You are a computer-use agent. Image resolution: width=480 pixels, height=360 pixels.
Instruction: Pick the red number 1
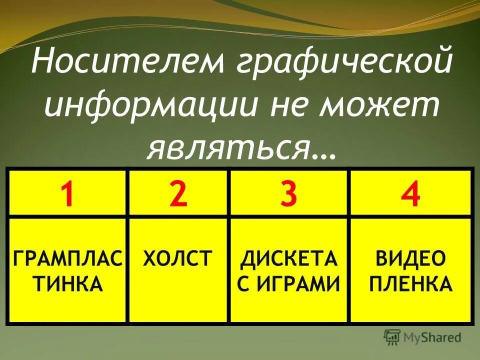coord(68,195)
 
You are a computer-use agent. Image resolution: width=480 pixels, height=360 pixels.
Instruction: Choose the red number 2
coord(178,195)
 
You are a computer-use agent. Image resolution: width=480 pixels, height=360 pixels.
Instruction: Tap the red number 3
coord(288,195)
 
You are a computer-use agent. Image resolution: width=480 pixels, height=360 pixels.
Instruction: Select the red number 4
coord(411,195)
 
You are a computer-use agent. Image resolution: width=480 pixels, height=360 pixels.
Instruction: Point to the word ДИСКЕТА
coord(288,260)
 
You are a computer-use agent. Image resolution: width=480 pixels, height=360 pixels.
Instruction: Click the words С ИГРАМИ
coord(288,284)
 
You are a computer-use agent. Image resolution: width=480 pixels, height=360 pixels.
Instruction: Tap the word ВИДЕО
coord(410,260)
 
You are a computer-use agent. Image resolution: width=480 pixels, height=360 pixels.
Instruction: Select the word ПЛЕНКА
coord(410,284)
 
